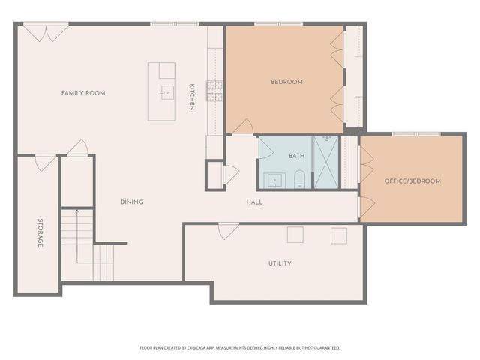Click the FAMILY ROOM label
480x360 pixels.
coord(83,93)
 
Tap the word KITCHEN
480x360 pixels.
coord(192,97)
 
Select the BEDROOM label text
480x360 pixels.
coord(286,82)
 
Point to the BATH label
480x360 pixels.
coord(297,156)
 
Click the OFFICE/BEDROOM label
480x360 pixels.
coord(412,181)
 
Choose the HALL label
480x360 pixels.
coord(254,202)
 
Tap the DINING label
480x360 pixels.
coord(131,202)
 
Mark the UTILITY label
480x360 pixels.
coord(280,263)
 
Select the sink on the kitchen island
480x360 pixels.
coord(166,92)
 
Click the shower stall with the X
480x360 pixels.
coord(325,162)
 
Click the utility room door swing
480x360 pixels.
coord(228,231)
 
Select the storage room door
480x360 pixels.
coord(45,160)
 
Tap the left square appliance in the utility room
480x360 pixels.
coord(295,235)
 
